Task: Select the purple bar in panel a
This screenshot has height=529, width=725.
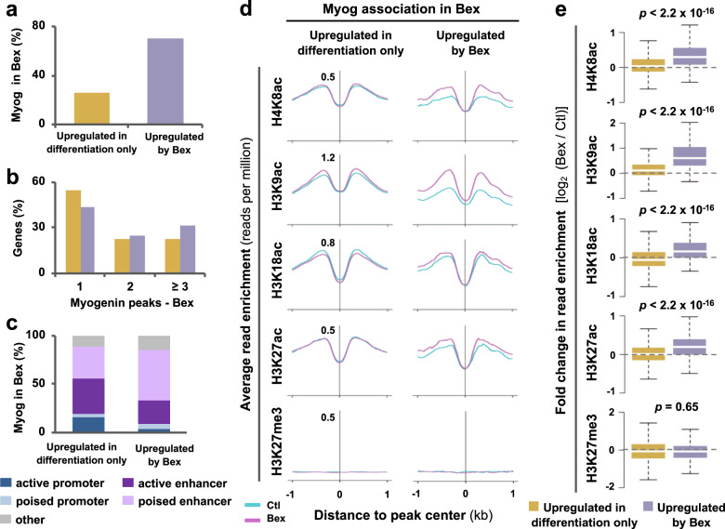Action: pyautogui.click(x=165, y=81)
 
